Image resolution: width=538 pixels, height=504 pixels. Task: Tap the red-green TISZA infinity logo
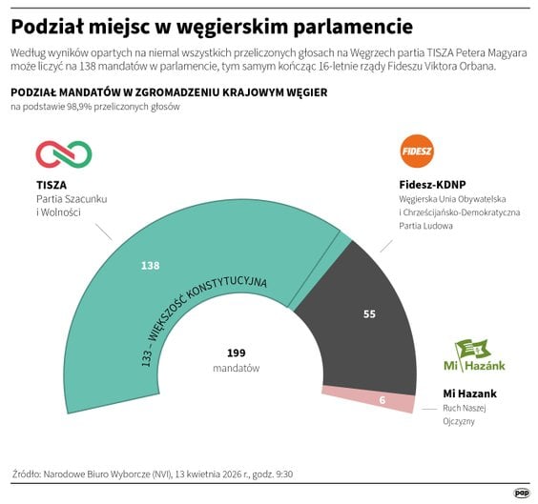click(64, 153)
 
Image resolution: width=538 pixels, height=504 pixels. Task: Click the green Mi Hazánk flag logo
click(474, 350)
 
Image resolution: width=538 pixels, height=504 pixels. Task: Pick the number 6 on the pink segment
click(382, 400)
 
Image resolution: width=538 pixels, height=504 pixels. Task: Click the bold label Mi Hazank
click(470, 393)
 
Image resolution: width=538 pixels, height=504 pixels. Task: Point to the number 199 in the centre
click(237, 352)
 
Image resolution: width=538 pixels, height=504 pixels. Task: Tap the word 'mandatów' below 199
click(237, 368)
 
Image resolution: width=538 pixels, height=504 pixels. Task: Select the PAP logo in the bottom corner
click(521, 493)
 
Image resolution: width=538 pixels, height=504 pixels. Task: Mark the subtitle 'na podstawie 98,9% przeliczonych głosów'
click(95, 107)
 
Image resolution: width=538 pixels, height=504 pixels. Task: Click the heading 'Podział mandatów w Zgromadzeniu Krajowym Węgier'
click(170, 91)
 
